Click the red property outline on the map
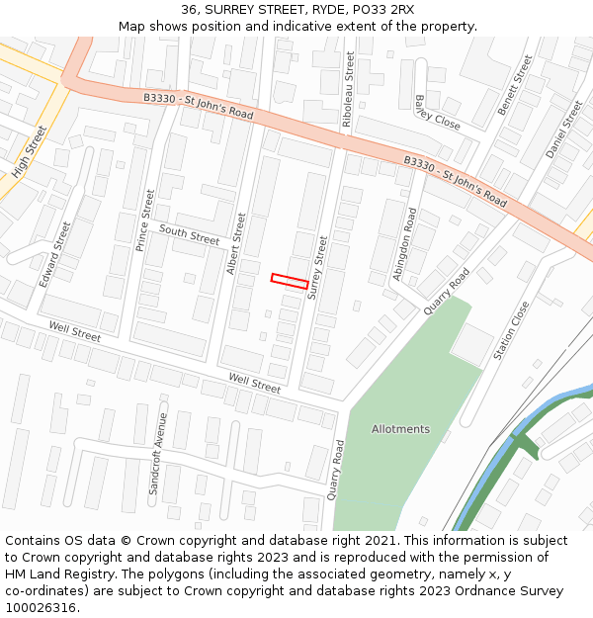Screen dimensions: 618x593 [290, 282]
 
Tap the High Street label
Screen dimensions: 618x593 [30, 152]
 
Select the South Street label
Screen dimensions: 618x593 [189, 235]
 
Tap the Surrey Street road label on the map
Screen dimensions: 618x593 [317, 267]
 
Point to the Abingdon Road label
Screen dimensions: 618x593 [405, 244]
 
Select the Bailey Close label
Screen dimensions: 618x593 [438, 113]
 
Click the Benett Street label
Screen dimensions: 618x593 [516, 85]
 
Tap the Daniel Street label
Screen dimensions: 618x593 [565, 130]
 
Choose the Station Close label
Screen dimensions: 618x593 [511, 329]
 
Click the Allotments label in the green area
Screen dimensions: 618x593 [400, 429]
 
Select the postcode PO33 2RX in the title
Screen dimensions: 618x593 [383, 10]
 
